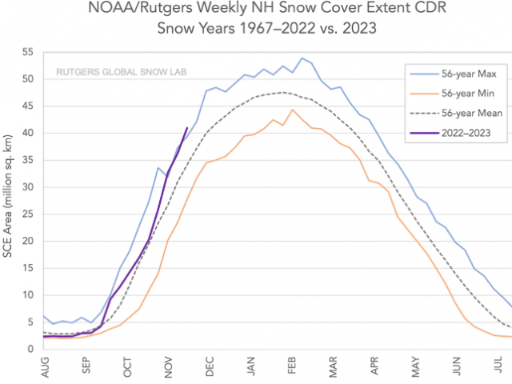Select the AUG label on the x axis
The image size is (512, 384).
pos(45,367)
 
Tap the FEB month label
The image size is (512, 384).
pos(291,367)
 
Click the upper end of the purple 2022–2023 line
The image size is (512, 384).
pos(187,128)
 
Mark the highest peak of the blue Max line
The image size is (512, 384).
pos(302,58)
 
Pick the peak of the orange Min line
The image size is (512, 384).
pos(293,110)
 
